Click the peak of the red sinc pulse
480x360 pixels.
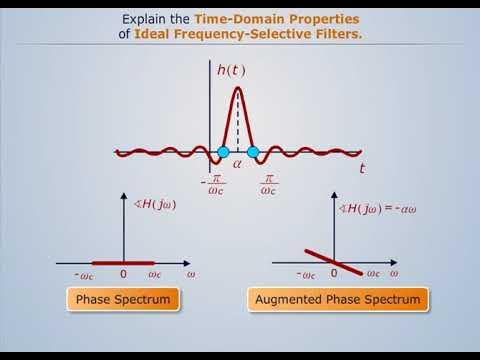[x=238, y=89]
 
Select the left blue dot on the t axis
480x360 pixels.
[x=224, y=152]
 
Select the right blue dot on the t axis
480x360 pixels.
[x=253, y=152]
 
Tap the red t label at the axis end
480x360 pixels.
[x=362, y=170]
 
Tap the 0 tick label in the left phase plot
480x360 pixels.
[x=122, y=273]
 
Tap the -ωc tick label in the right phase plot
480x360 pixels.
[x=307, y=273]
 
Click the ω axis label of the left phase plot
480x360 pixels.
[x=190, y=272]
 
